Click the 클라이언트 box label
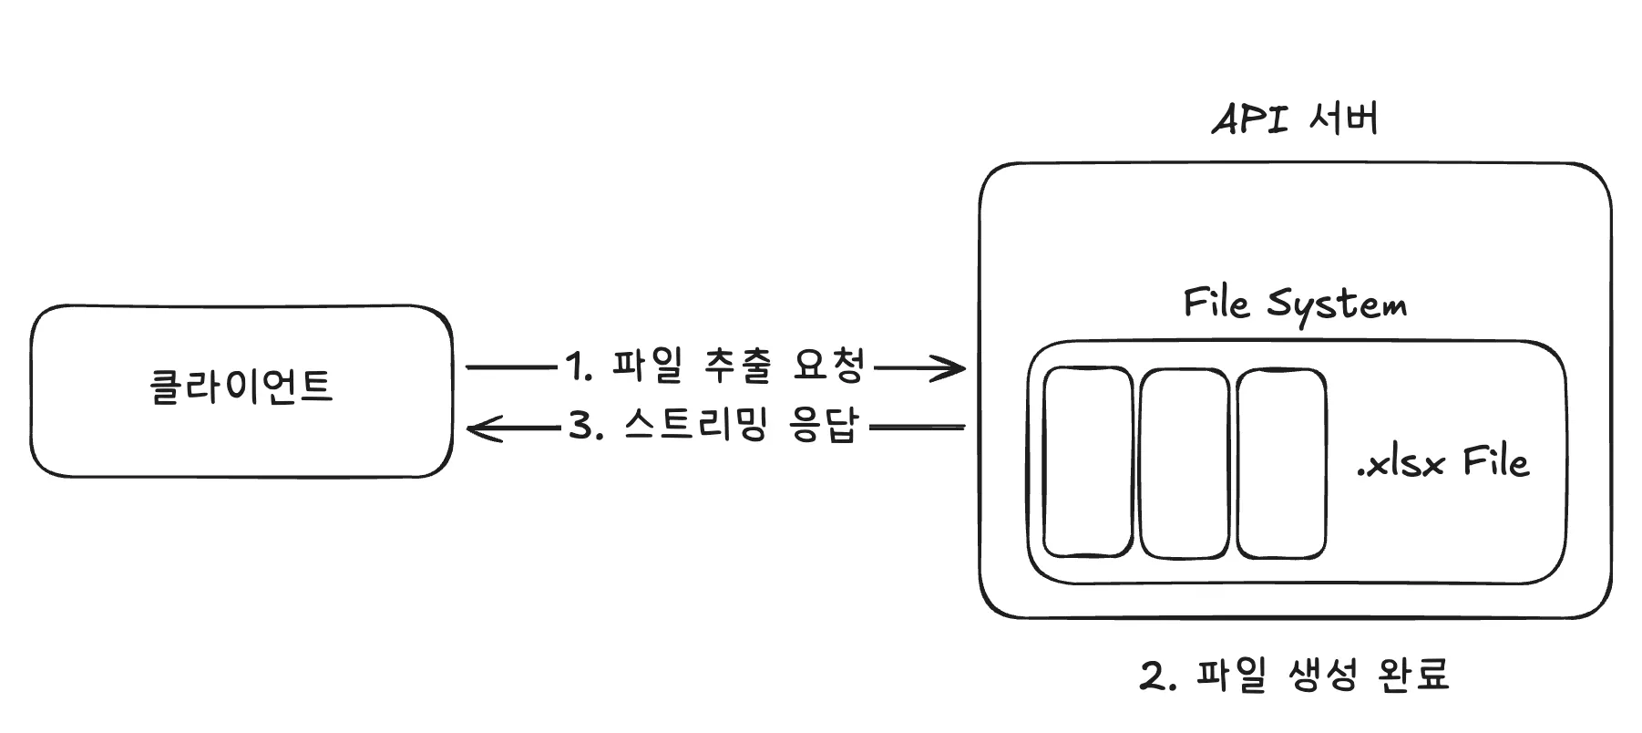[241, 387]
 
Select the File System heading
[1295, 305]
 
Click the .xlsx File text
[1442, 463]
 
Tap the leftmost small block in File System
[1088, 462]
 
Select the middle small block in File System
[1185, 463]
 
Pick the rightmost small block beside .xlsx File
[1281, 462]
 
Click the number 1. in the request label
[579, 367]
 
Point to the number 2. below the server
[1158, 676]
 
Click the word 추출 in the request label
[738, 366]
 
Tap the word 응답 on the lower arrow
[824, 426]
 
